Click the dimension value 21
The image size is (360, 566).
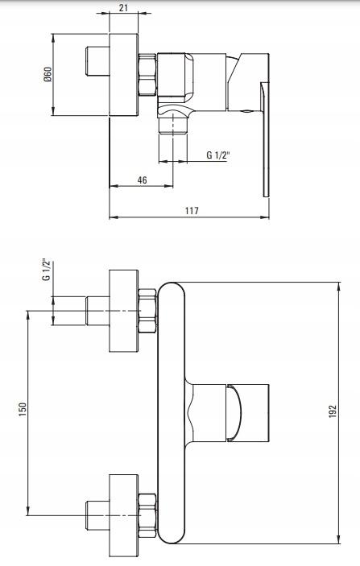[123, 7]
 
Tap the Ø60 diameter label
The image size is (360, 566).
[48, 74]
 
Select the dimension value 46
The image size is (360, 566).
[143, 180]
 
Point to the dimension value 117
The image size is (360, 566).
[192, 210]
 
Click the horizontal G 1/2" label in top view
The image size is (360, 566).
[218, 155]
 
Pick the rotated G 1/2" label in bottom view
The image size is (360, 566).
[46, 269]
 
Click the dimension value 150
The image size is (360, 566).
[23, 410]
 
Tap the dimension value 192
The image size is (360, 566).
[333, 411]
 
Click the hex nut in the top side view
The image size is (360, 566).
[147, 75]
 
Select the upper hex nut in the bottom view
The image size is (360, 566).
[147, 311]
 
